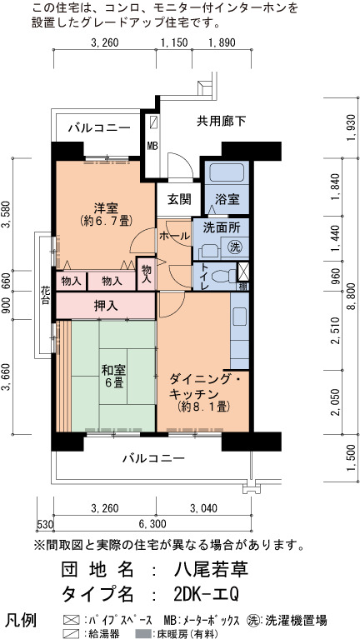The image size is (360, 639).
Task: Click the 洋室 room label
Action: (x=106, y=208)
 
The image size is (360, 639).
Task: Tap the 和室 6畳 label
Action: (x=113, y=377)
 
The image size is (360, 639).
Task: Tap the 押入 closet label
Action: (x=106, y=306)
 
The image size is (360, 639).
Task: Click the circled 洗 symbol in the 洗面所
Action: (x=234, y=246)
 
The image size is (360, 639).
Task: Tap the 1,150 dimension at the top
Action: (x=173, y=42)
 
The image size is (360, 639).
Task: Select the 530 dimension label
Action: (x=44, y=524)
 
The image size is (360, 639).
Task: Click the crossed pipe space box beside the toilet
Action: (x=243, y=271)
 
